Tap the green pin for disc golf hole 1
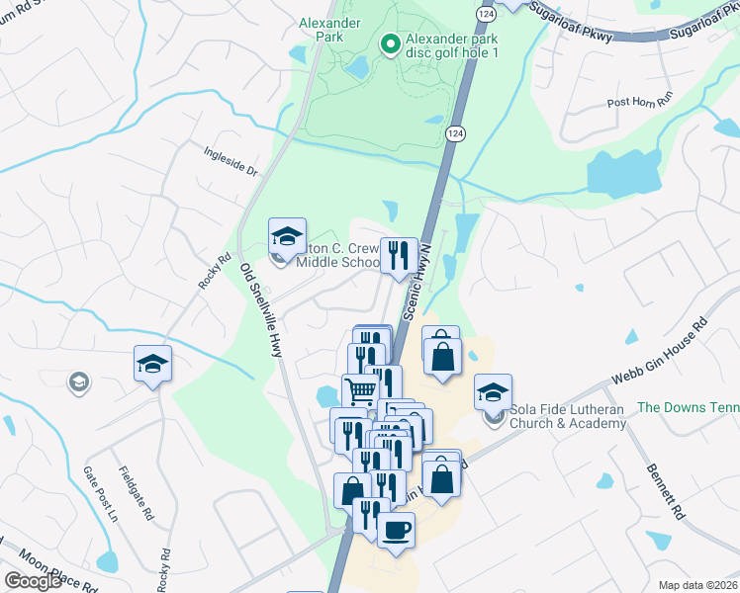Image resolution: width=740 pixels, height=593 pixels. point(390,44)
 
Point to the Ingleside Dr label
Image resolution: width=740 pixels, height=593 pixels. point(231,162)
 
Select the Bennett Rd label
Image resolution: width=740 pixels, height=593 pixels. point(665,492)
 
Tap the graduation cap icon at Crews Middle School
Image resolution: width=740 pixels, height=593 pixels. point(287,237)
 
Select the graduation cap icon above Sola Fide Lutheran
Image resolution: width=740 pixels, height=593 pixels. point(493,393)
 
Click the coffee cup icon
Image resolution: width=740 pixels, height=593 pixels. point(396,530)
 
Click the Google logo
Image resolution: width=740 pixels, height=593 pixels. point(33,581)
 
